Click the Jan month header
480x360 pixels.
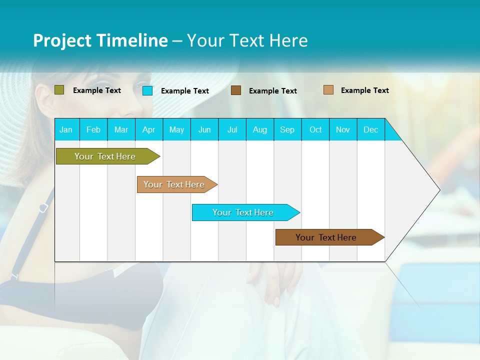tap(66, 130)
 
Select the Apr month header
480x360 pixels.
tap(149, 130)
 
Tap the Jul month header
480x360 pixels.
tap(232, 130)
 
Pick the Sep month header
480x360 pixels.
tap(287, 130)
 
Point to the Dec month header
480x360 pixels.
tap(370, 130)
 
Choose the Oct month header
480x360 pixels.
tap(315, 130)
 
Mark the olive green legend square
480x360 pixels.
tap(59, 90)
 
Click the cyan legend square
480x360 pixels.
tap(147, 90)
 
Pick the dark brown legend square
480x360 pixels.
tap(236, 90)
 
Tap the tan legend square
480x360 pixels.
tap(328, 90)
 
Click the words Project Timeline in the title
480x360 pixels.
tap(100, 40)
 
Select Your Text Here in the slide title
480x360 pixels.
tap(247, 40)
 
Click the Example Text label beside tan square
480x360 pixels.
tap(364, 90)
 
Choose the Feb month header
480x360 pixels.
tap(93, 130)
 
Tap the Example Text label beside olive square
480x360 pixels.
tap(97, 90)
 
